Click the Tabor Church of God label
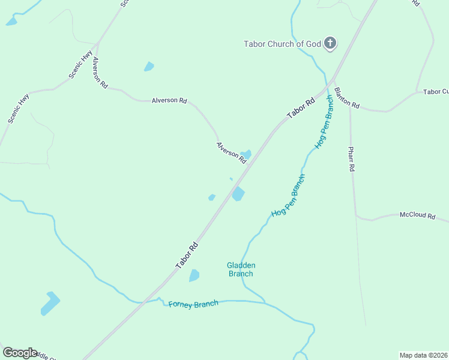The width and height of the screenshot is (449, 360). pyautogui.click(x=282, y=44)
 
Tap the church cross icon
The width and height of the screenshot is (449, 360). pyautogui.click(x=330, y=43)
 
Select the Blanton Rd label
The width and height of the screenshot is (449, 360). pyautogui.click(x=346, y=97)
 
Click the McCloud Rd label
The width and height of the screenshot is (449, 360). pyautogui.click(x=417, y=215)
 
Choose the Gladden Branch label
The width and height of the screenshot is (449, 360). pyautogui.click(x=241, y=269)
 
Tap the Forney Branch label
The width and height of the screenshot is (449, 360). pyautogui.click(x=193, y=304)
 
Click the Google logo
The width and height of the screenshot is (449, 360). pyautogui.click(x=20, y=353)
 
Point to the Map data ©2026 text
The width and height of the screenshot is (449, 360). pyautogui.click(x=424, y=355)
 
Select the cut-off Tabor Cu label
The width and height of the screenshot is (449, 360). pyautogui.click(x=436, y=92)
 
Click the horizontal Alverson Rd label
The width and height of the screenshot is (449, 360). pyautogui.click(x=169, y=100)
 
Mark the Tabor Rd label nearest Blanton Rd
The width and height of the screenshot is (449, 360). pyautogui.click(x=301, y=109)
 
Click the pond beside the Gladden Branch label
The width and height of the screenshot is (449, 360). pyautogui.click(x=194, y=275)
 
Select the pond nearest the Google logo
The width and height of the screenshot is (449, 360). pyautogui.click(x=50, y=303)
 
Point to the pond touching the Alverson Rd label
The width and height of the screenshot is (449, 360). pyautogui.click(x=246, y=154)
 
